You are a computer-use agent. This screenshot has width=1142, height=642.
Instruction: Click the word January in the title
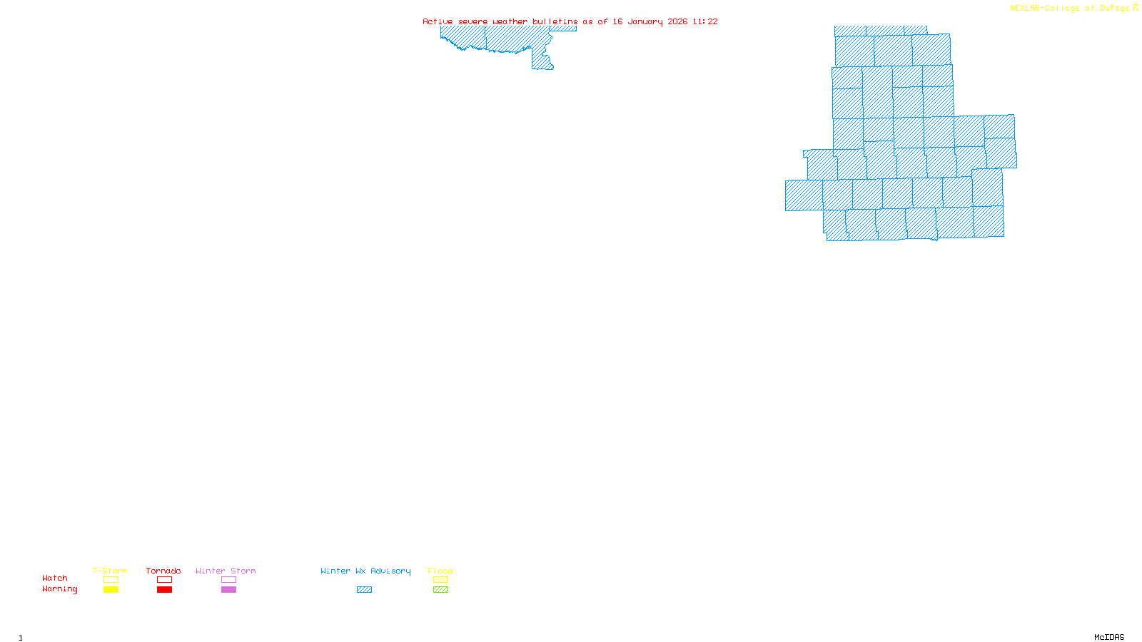(645, 21)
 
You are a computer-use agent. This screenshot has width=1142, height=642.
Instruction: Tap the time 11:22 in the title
(705, 21)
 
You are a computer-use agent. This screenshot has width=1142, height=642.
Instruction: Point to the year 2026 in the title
(677, 21)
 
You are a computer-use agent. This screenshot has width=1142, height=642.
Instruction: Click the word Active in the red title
(438, 21)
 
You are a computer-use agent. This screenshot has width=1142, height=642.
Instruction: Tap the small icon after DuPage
(1136, 8)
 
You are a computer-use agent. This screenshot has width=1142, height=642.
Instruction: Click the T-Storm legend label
(110, 571)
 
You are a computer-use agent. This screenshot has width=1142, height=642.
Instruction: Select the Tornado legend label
(163, 571)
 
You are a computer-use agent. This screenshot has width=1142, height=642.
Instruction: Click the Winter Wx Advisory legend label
(365, 571)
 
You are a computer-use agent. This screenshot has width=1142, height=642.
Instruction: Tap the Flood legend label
(440, 571)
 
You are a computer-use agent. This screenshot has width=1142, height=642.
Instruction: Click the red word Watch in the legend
(55, 578)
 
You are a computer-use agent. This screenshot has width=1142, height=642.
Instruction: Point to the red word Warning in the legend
(60, 589)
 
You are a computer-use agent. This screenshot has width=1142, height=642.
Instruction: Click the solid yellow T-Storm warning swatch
(111, 590)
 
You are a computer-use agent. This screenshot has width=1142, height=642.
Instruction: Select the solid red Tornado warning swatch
(165, 590)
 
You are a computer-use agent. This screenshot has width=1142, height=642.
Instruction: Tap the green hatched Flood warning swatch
(441, 590)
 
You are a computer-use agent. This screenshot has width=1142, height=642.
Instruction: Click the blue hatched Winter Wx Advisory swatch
(365, 590)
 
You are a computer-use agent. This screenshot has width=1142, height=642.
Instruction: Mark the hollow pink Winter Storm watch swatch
(228, 580)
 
